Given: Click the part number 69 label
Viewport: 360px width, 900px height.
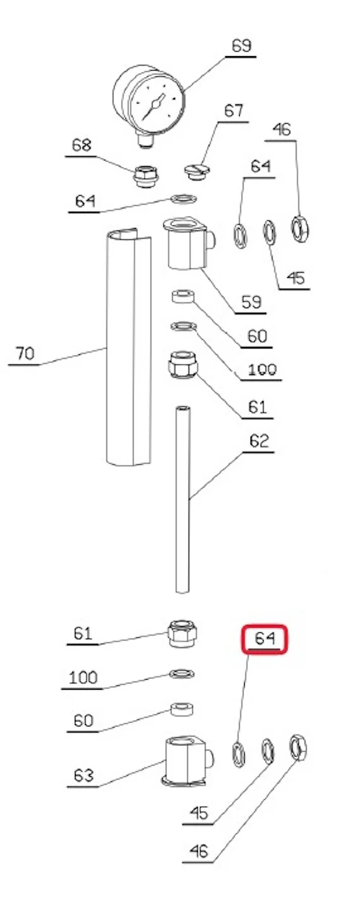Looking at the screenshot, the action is click(241, 46).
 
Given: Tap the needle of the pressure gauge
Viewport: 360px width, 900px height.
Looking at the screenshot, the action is click(155, 105).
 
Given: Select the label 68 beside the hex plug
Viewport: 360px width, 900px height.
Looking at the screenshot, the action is click(81, 145).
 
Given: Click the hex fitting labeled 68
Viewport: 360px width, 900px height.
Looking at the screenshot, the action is click(145, 176).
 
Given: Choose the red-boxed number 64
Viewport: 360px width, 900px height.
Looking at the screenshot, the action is click(264, 638).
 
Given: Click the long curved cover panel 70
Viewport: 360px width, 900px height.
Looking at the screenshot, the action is click(129, 348).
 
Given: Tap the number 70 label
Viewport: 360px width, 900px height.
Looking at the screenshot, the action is click(25, 354).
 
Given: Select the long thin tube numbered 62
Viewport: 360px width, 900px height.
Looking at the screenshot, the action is click(182, 500).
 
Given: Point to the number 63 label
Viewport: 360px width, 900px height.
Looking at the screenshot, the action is click(84, 775).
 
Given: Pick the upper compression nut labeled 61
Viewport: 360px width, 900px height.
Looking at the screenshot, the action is click(183, 364).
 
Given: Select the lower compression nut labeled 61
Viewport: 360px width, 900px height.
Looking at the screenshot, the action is click(182, 633).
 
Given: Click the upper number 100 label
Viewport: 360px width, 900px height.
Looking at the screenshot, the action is click(262, 369).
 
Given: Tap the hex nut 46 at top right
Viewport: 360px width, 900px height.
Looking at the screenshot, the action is click(300, 229).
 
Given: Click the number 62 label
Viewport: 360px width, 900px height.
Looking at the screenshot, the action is click(258, 441).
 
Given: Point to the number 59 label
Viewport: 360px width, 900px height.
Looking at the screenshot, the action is click(251, 302).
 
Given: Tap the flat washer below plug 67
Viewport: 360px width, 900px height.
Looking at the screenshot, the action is click(184, 199).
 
